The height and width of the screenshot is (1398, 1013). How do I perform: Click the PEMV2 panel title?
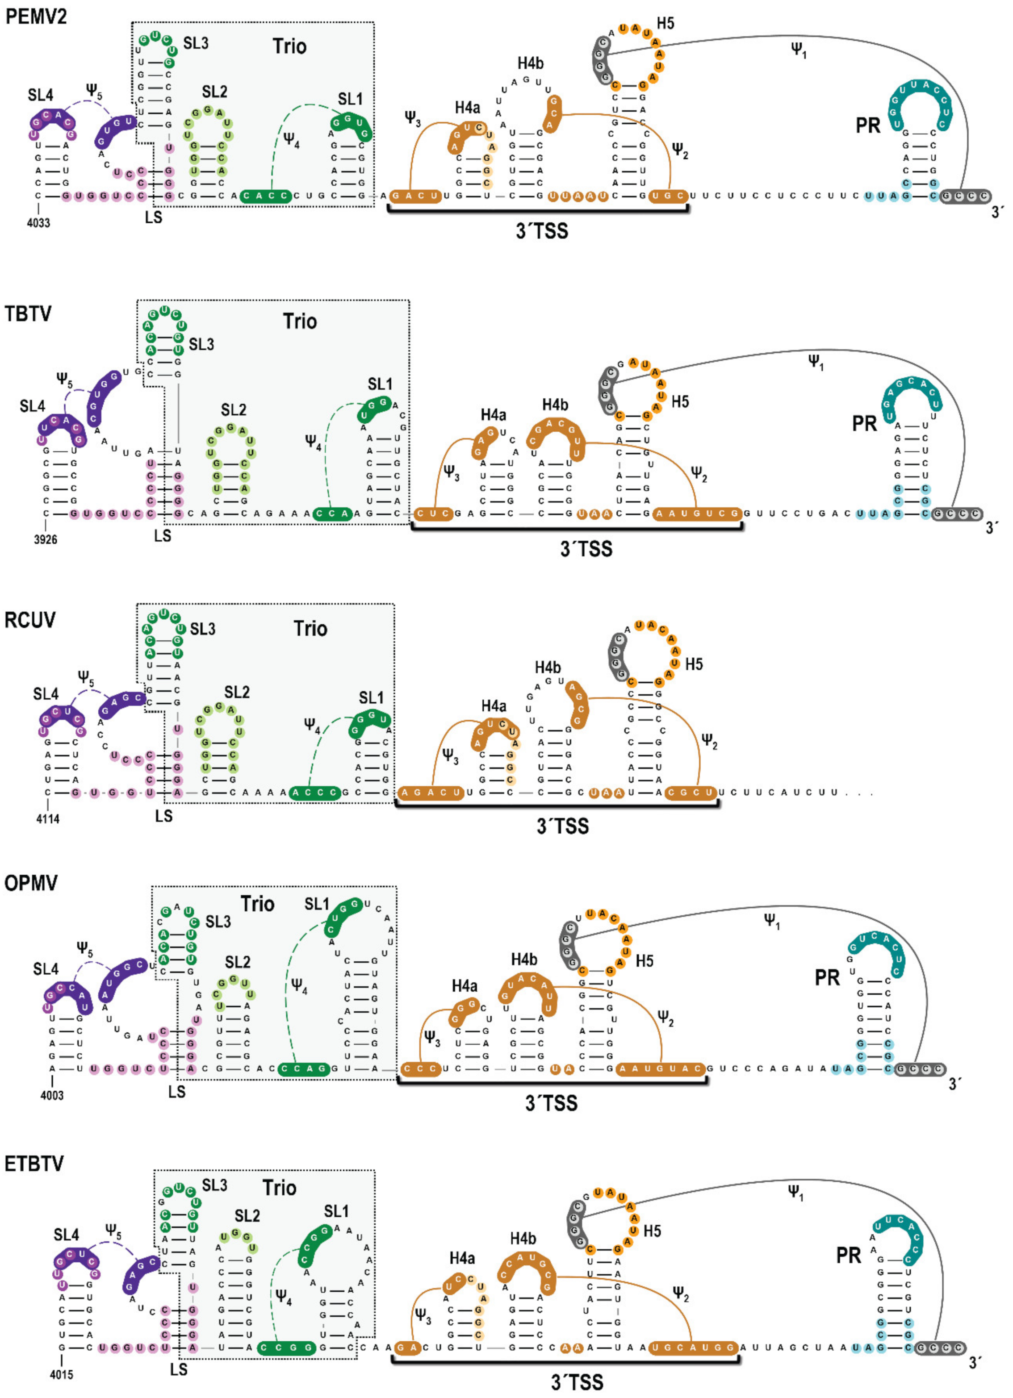pos(36,16)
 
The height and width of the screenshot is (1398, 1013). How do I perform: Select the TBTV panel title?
pos(28,314)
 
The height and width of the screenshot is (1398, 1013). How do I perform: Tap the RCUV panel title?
pos(29,619)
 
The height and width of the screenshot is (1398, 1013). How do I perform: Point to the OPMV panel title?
pos(31,883)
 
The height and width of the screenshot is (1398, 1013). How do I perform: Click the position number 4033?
pos(38,222)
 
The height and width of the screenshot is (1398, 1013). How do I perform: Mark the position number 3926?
pos(45,539)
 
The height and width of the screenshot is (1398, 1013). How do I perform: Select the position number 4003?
pos(52,1095)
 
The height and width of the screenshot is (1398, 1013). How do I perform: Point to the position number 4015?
pos(61,1374)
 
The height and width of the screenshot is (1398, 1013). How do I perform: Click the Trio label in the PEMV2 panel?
pos(289,46)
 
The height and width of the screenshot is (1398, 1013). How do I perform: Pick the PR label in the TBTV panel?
pos(864,423)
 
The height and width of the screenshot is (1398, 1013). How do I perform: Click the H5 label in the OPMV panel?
pos(645,961)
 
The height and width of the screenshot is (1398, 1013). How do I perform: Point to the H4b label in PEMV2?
pos(530,63)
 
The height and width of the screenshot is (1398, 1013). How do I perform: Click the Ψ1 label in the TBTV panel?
pos(816,363)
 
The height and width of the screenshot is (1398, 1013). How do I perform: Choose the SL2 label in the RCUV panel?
pos(237,692)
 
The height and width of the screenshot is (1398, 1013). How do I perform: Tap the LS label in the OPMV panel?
pos(177,1091)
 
